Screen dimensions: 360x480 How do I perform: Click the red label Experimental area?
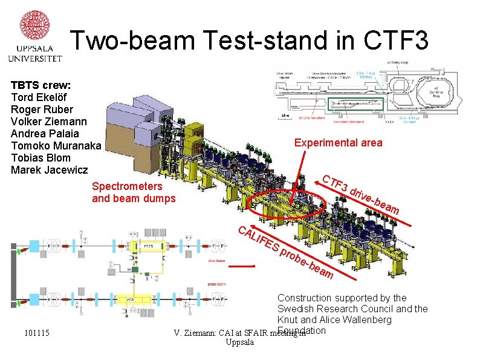coord(338,143)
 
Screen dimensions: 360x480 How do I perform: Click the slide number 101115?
coord(37,333)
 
